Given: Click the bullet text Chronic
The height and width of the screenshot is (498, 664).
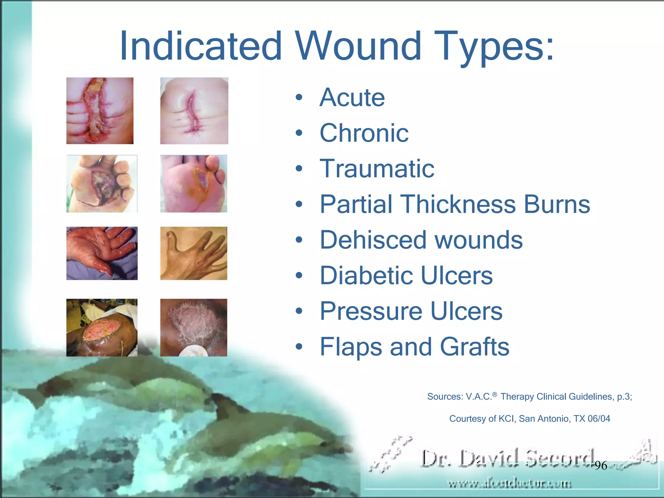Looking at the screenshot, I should click(x=364, y=133).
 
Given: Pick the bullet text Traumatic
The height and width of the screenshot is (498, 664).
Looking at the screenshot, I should click(x=377, y=169).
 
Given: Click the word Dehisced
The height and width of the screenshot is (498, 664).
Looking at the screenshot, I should click(x=373, y=240).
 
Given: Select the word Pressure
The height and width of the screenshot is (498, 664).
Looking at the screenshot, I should click(x=371, y=311).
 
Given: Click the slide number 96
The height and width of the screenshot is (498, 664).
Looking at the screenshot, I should click(x=601, y=466).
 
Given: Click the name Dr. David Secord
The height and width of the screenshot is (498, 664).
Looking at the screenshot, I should click(x=507, y=458).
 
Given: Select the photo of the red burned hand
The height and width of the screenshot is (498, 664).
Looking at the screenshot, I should click(x=102, y=253).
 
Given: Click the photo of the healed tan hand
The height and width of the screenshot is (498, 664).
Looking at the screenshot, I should click(x=194, y=253).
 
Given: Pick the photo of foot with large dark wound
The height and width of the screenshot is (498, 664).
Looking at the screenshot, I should click(x=102, y=184).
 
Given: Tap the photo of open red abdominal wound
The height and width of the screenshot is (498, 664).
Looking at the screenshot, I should click(x=100, y=111).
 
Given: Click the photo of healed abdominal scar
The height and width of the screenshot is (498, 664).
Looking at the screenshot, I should click(x=194, y=111).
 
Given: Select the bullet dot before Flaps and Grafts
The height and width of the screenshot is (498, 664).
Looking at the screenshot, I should click(x=299, y=347).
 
